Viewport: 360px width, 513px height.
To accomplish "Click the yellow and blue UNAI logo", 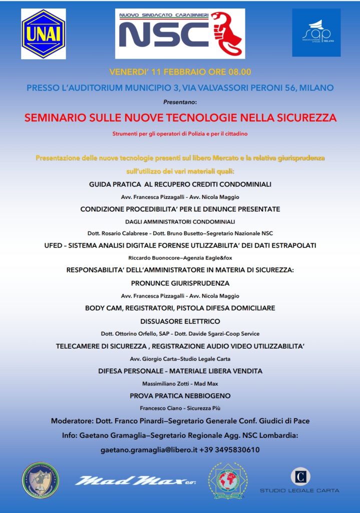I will point(44,34).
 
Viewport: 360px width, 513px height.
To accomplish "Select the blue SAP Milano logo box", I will point(316,33).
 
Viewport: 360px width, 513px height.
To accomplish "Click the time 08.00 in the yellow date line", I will point(239,71).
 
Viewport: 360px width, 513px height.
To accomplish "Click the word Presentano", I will point(180,102).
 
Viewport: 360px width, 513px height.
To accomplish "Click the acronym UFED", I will point(55,245).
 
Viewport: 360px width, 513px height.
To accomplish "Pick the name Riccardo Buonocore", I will point(155,258).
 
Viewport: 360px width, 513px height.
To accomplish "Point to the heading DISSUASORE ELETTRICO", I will point(180,321).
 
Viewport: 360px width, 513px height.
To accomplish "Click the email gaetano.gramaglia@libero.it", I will point(148,450).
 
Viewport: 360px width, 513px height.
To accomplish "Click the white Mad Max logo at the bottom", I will point(134,481).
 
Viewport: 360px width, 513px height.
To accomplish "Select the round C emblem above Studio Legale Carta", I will point(300,476).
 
